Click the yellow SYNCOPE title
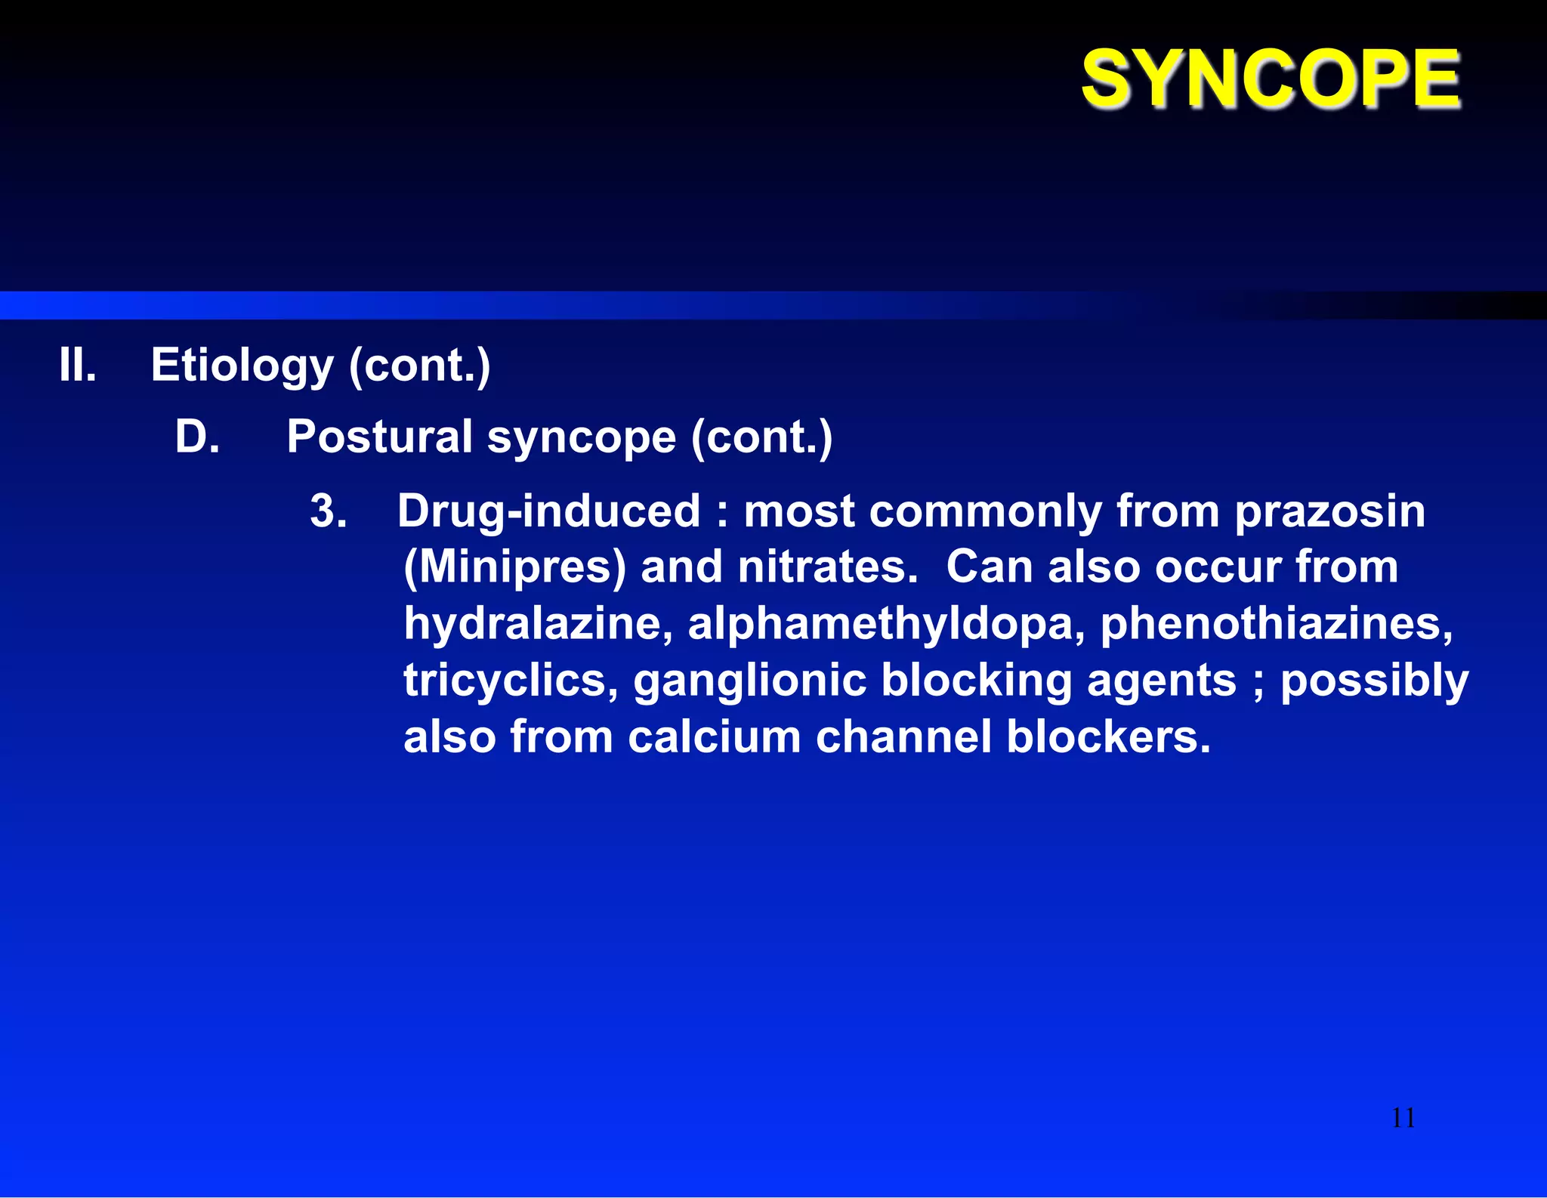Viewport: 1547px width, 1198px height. (x=1271, y=79)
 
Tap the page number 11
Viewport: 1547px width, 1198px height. (x=1403, y=1118)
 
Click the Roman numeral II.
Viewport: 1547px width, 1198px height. (x=78, y=366)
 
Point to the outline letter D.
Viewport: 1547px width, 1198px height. (x=197, y=437)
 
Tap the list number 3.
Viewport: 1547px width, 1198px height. (x=329, y=511)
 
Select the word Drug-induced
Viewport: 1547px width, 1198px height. (x=549, y=511)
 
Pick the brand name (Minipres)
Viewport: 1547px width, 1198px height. (x=515, y=568)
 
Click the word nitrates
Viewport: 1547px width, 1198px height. (x=827, y=567)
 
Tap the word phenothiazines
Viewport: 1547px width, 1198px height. (x=1276, y=624)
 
